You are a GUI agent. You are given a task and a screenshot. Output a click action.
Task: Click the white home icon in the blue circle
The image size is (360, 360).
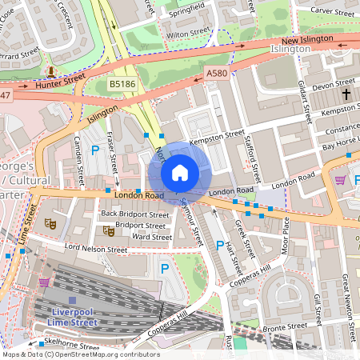click(x=179, y=173)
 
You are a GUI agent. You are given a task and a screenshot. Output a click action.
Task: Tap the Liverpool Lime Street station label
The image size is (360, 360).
click(x=73, y=316)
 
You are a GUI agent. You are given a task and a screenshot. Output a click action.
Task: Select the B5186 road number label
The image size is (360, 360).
click(x=122, y=82)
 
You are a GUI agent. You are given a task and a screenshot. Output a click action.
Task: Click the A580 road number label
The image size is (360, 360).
click(x=216, y=73)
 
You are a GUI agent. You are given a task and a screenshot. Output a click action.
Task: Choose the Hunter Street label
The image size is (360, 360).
click(x=60, y=81)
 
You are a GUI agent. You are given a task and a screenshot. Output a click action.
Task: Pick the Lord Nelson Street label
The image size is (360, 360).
click(x=96, y=249)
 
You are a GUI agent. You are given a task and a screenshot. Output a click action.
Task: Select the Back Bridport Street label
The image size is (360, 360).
click(x=134, y=214)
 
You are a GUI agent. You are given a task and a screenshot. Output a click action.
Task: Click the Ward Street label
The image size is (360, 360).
click(x=151, y=237)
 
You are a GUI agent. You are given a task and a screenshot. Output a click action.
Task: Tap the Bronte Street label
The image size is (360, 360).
click(x=286, y=326)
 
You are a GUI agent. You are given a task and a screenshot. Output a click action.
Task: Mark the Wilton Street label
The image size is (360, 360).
click(x=187, y=35)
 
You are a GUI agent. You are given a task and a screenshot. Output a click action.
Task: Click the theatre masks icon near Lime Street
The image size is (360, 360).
click(x=50, y=223)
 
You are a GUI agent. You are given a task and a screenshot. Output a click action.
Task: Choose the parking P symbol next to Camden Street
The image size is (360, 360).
click(x=96, y=150)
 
